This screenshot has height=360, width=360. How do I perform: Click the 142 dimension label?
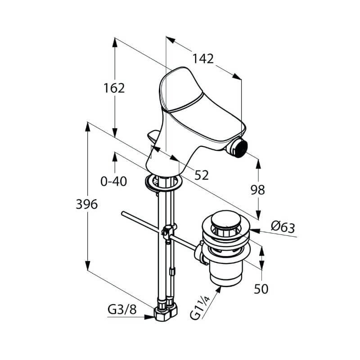203,58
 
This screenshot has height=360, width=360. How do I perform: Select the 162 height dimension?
114,88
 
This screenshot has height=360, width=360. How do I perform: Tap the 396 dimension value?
86,204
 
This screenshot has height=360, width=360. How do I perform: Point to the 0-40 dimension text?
114,181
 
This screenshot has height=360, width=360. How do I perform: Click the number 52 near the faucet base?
202,175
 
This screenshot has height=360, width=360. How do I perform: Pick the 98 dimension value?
257,190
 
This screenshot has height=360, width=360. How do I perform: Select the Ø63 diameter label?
283,227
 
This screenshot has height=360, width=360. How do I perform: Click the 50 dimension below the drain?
261,289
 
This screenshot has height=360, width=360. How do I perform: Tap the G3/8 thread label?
122,310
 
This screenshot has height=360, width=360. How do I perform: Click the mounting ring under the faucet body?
163,183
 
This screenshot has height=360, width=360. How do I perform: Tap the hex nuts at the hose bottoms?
166,312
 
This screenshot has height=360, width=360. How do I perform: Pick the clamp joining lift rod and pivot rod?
169,232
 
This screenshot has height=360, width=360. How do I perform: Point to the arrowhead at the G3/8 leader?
149,317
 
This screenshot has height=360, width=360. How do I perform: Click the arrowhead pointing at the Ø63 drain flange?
255,230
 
